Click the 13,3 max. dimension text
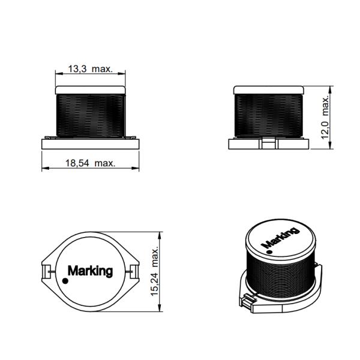90,70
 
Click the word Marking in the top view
90,271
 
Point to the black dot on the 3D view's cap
269,251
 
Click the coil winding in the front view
90,114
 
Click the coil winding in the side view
268,114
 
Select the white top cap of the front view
90,89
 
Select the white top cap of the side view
268,89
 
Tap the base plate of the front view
90,143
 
